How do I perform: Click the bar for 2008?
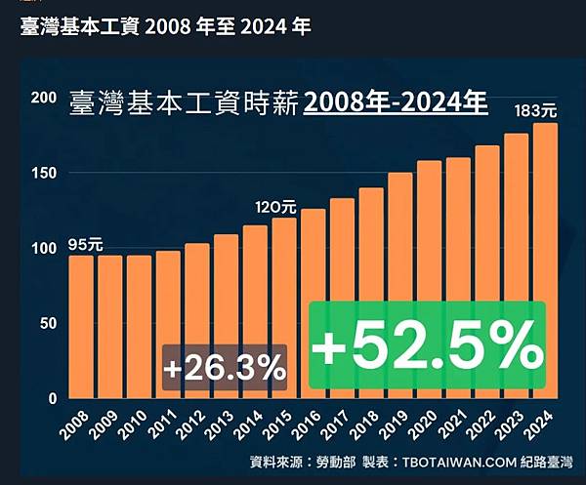click(81, 327)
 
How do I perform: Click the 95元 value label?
click(85, 244)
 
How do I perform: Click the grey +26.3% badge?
click(225, 369)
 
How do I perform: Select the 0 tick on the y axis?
click(51, 398)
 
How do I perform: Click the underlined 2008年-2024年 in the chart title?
click(396, 101)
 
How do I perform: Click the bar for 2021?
click(458, 278)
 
